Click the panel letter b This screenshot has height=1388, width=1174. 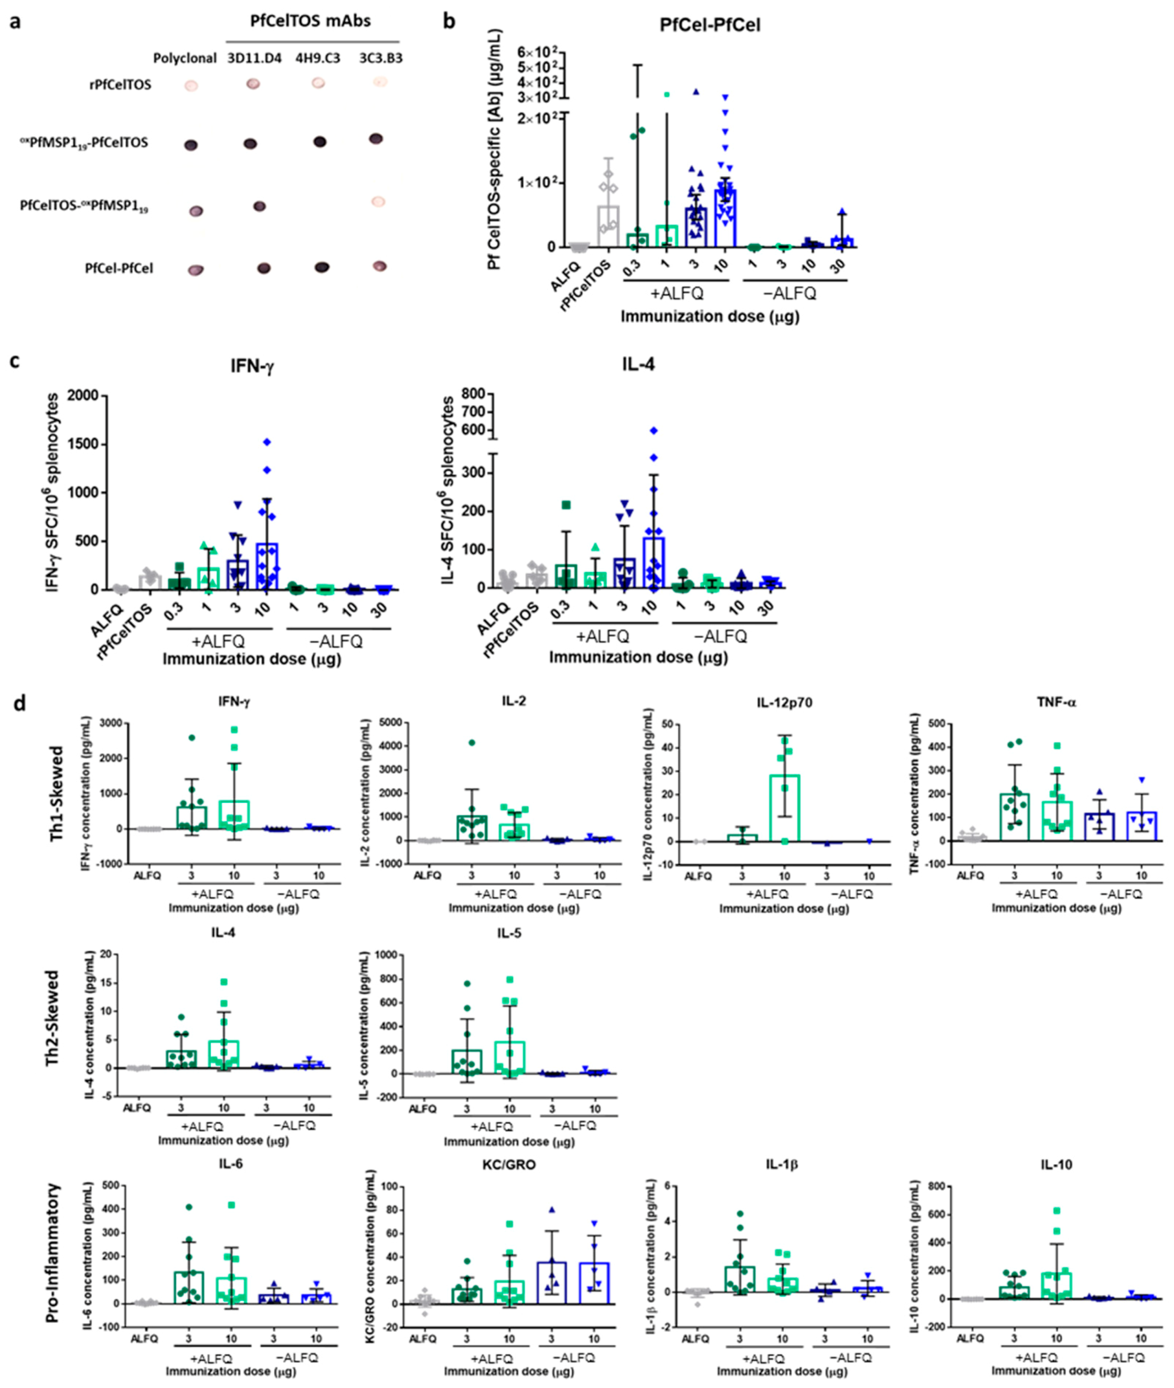(450, 21)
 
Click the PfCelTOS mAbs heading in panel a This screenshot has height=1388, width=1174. (310, 20)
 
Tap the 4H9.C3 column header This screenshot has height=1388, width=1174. (317, 59)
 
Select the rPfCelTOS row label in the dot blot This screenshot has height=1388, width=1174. (124, 84)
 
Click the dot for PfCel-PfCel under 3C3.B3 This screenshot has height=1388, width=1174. (379, 266)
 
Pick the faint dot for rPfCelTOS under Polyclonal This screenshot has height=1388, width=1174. (191, 86)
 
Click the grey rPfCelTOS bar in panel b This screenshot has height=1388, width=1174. (607, 226)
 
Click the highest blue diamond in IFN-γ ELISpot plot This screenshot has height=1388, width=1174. (268, 442)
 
